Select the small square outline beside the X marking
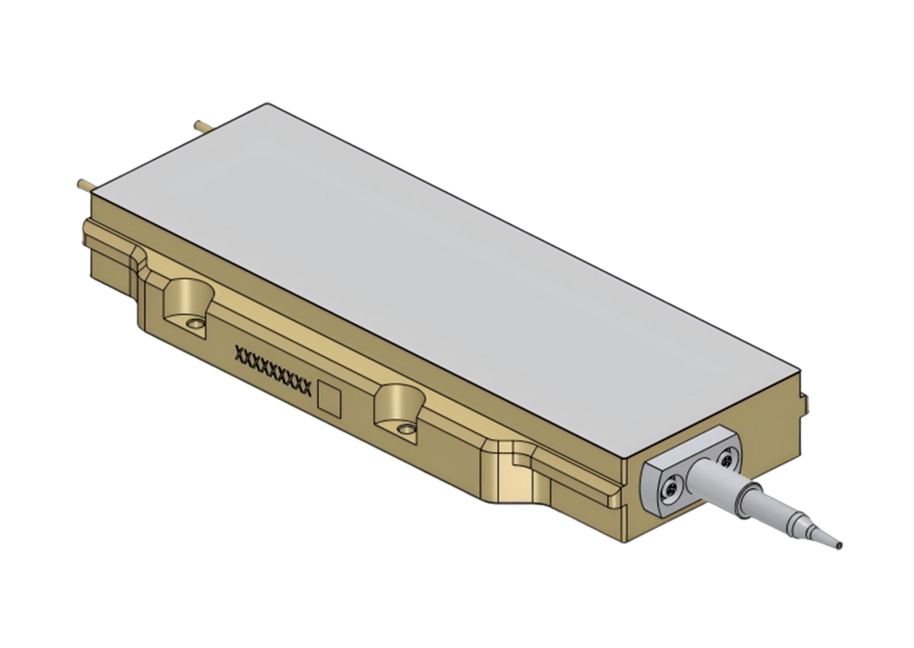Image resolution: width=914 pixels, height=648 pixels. click(x=329, y=397)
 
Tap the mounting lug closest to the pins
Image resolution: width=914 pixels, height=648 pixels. click(x=187, y=303)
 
